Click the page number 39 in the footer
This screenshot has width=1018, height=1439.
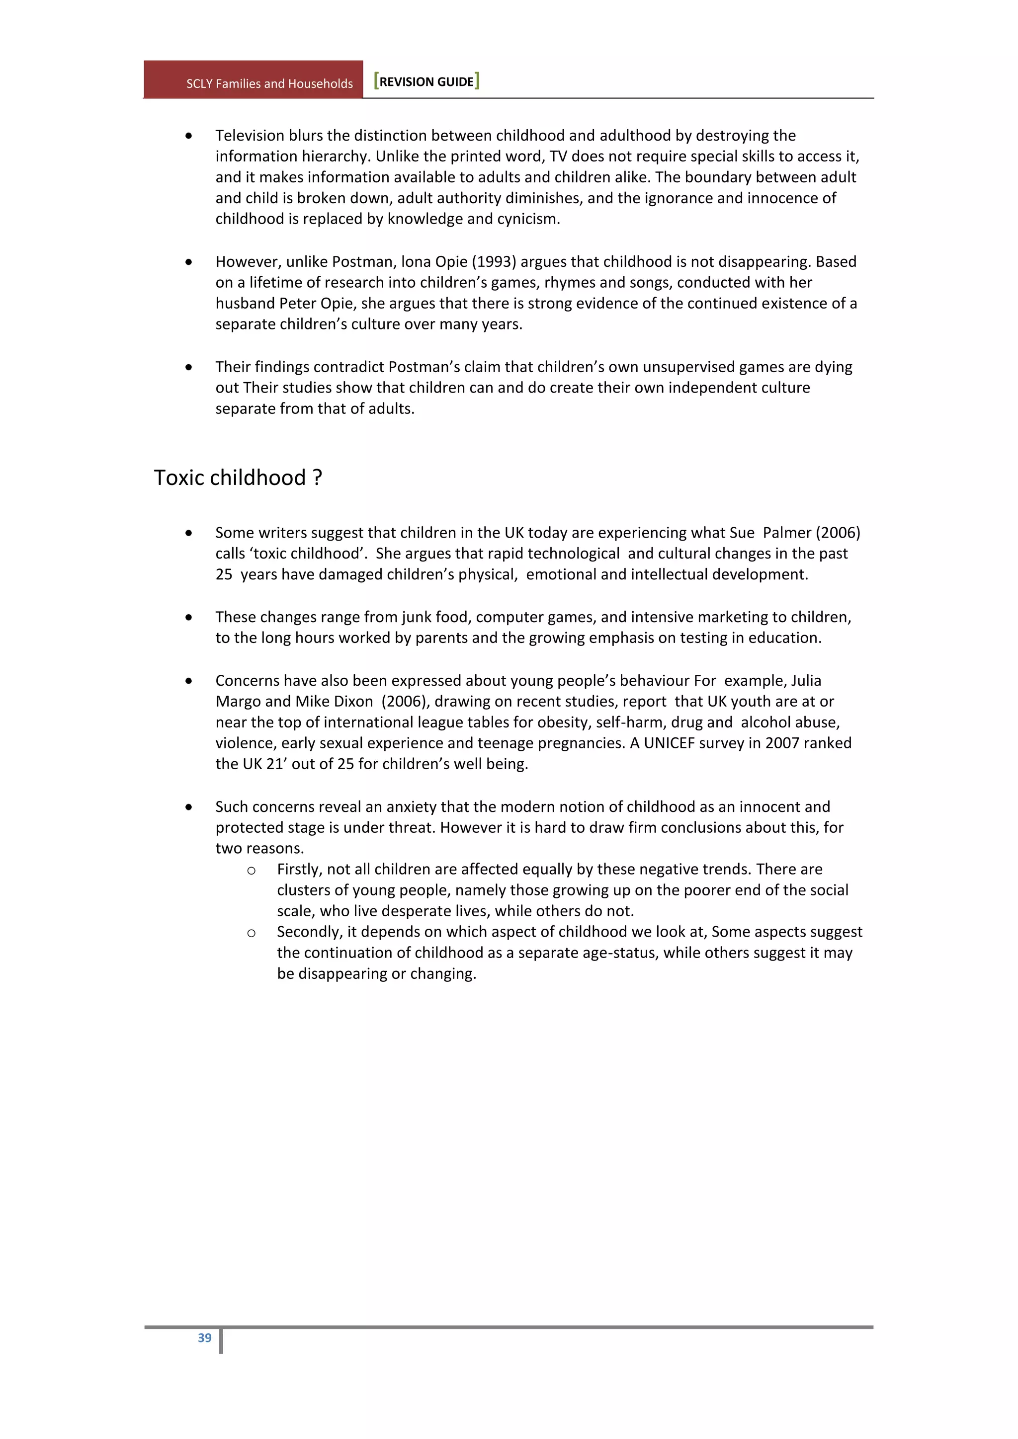pyautogui.click(x=204, y=1338)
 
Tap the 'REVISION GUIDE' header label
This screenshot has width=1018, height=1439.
pyautogui.click(x=426, y=81)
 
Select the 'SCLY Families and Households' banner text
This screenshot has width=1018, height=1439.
pyautogui.click(x=269, y=83)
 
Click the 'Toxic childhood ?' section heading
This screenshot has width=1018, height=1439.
pyautogui.click(x=238, y=478)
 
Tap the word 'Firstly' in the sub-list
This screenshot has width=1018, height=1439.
pyautogui.click(x=298, y=869)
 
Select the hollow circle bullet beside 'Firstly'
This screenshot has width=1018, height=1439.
pyautogui.click(x=252, y=871)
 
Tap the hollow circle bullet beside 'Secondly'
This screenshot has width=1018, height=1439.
pyautogui.click(x=252, y=933)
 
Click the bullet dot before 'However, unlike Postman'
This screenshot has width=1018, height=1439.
pyautogui.click(x=189, y=262)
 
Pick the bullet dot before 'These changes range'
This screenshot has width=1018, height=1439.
pyautogui.click(x=189, y=617)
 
